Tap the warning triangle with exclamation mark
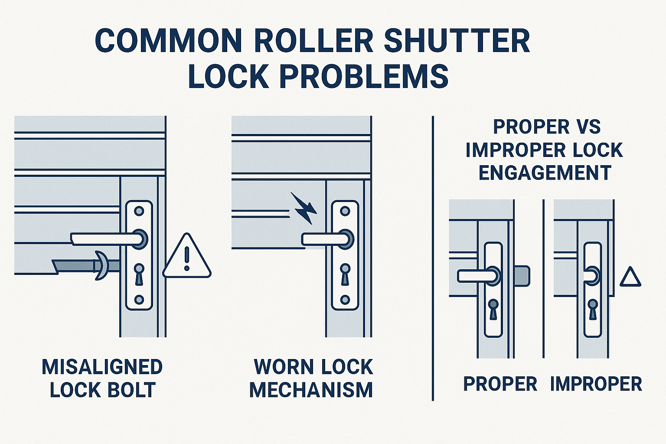tap(187, 258)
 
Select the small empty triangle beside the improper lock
tap(630, 278)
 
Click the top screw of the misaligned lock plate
tap(139, 211)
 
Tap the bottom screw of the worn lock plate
tap(345, 300)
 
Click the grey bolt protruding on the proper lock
tap(522, 276)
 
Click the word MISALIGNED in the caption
tap(102, 367)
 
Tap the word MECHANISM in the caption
tap(311, 390)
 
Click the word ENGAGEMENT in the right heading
tap(545, 173)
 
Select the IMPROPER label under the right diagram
tap(596, 384)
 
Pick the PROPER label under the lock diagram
tap(500, 384)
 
